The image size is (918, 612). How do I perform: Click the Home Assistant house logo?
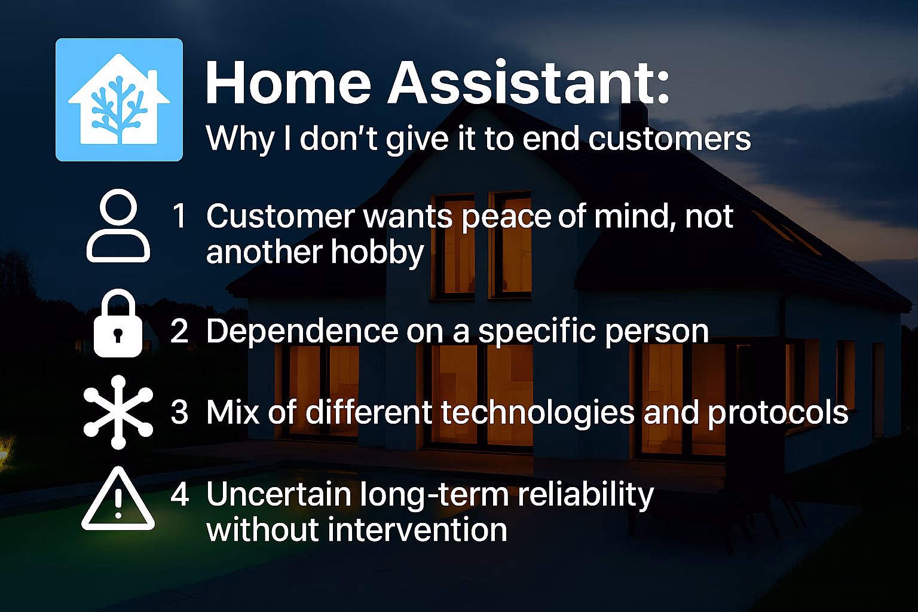pyautogui.click(x=120, y=100)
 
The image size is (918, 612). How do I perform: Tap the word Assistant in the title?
pyautogui.click(x=529, y=83)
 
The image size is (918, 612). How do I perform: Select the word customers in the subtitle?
pyautogui.click(x=669, y=139)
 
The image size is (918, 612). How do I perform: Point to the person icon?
pyautogui.click(x=118, y=225)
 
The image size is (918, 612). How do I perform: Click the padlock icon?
pyautogui.click(x=118, y=323)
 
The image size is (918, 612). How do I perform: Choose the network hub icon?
pyautogui.click(x=118, y=412)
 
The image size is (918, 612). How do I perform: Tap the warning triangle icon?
pyautogui.click(x=118, y=498)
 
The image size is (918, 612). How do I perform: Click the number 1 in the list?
pyautogui.click(x=179, y=216)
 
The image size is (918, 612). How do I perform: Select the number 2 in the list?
pyautogui.click(x=179, y=331)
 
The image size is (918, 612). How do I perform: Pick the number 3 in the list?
pyautogui.click(x=179, y=412)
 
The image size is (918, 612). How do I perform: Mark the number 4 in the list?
pyautogui.click(x=180, y=494)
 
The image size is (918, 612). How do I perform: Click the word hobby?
pyautogui.click(x=377, y=253)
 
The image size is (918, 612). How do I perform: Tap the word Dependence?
pyautogui.click(x=302, y=331)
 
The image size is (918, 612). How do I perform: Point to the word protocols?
pyautogui.click(x=778, y=414)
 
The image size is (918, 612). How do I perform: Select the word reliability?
pyautogui.click(x=586, y=496)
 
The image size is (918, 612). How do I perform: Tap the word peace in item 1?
pyautogui.click(x=506, y=219)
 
